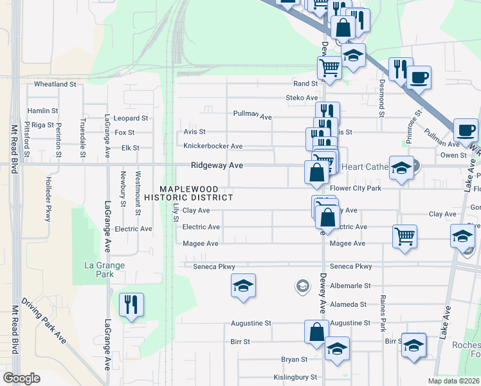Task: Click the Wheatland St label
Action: pyautogui.click(x=55, y=84)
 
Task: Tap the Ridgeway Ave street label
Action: pyautogui.click(x=217, y=165)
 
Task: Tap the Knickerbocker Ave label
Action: pyautogui.click(x=213, y=146)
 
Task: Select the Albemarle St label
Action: pyautogui.click(x=350, y=286)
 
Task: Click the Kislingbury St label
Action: pyautogui.click(x=295, y=377)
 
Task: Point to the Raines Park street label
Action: pyautogui.click(x=383, y=313)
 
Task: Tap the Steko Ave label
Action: pyautogui.click(x=302, y=98)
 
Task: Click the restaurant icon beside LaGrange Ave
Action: pyautogui.click(x=131, y=304)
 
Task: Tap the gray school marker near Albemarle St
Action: pyautogui.click(x=302, y=285)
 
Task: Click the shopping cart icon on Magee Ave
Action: pyautogui.click(x=404, y=236)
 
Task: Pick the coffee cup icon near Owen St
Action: pyautogui.click(x=466, y=130)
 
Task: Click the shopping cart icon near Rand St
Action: pyautogui.click(x=329, y=66)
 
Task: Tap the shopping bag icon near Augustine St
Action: pyautogui.click(x=316, y=333)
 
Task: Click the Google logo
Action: pyautogui.click(x=22, y=378)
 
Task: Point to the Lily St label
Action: pyautogui.click(x=176, y=210)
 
